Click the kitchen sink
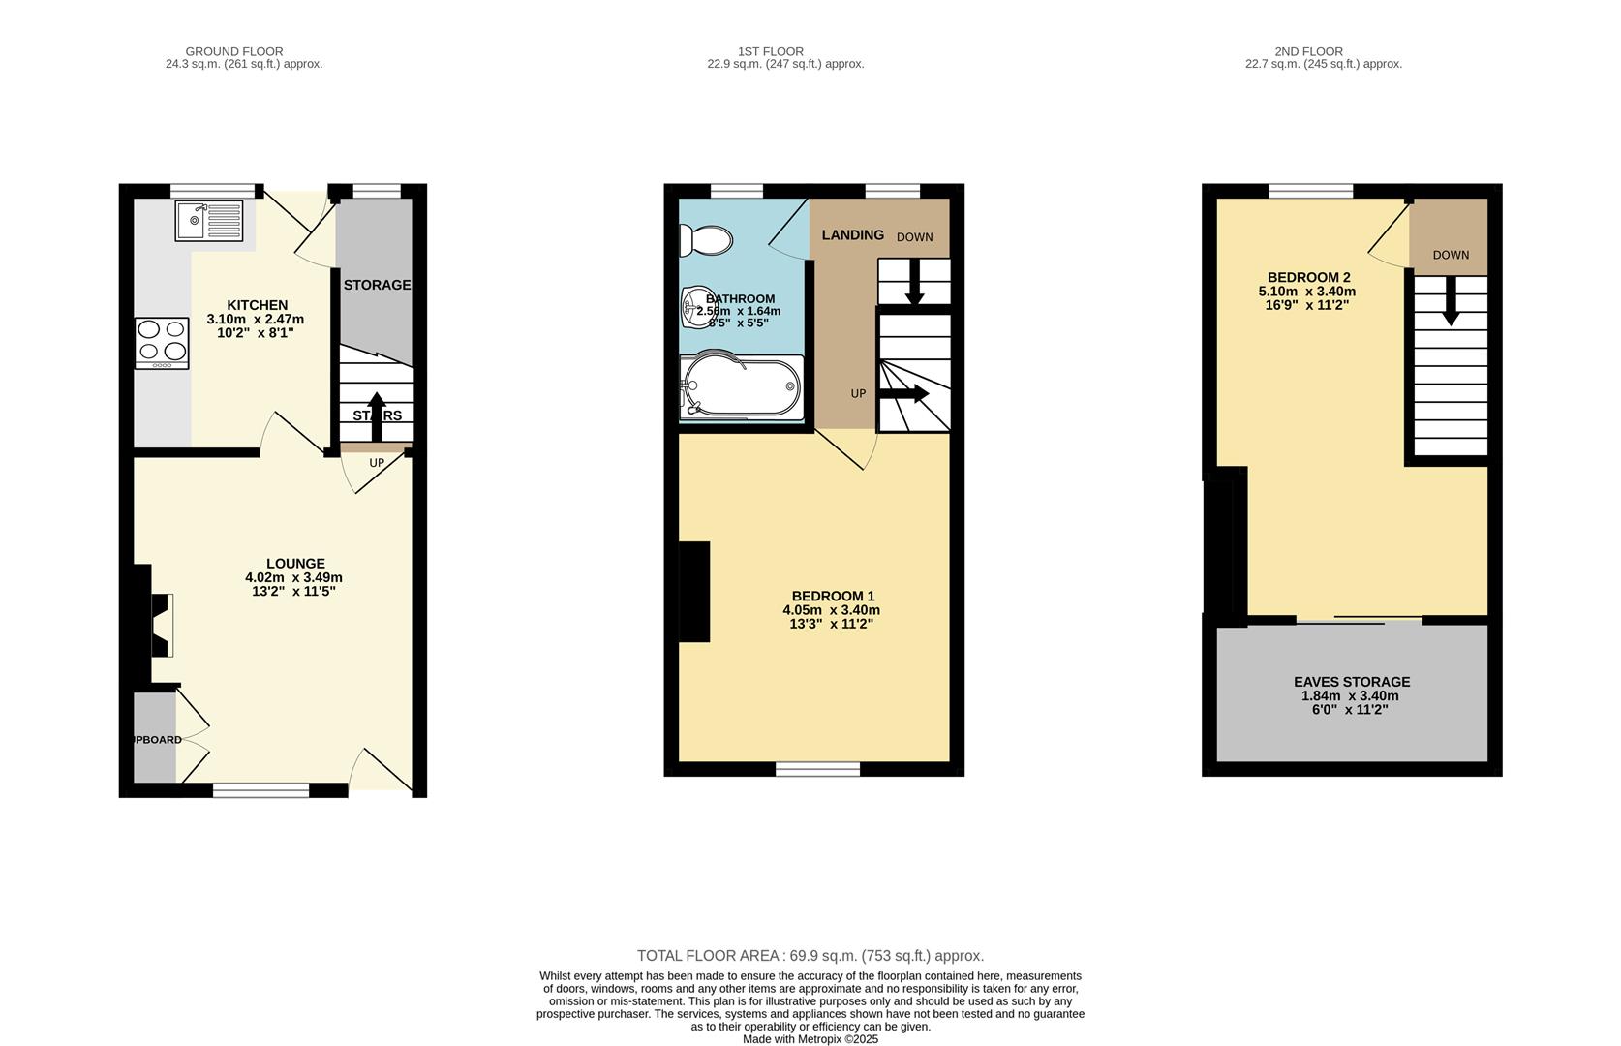(x=208, y=221)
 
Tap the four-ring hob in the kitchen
(x=162, y=343)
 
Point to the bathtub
(x=742, y=387)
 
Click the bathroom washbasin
(x=695, y=307)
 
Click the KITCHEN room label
(x=257, y=305)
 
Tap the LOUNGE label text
(x=295, y=564)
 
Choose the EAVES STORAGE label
(x=1352, y=682)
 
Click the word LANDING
(x=852, y=235)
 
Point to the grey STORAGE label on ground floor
(x=377, y=285)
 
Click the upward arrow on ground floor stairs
(x=377, y=415)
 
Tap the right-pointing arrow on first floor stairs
(x=904, y=394)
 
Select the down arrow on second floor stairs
(x=1450, y=301)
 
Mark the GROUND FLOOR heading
(x=234, y=51)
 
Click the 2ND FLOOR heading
(x=1308, y=51)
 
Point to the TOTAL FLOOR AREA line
(x=810, y=956)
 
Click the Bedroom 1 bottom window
(x=817, y=769)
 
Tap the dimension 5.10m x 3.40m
(x=1306, y=292)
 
